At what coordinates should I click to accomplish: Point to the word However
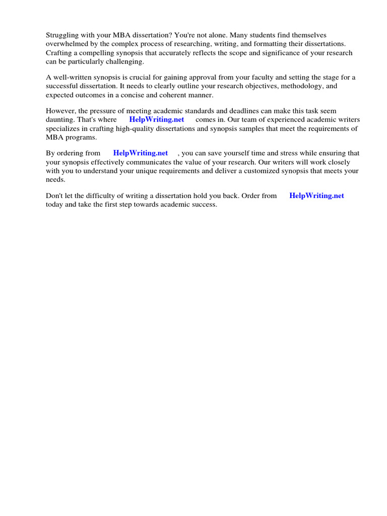click(60, 111)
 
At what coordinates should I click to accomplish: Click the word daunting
click(60, 119)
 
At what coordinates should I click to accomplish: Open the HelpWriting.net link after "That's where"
click(157, 119)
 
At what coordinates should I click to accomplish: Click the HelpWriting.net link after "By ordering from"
click(141, 153)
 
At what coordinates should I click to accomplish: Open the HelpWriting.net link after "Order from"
click(316, 196)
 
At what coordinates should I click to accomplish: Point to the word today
click(55, 205)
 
